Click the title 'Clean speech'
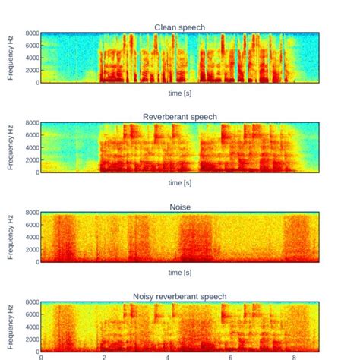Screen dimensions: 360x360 pyautogui.click(x=179, y=27)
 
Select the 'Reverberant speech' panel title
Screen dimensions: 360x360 pyautogui.click(x=179, y=116)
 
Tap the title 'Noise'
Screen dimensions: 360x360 pyautogui.click(x=179, y=206)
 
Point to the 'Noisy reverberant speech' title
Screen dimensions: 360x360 pyautogui.click(x=179, y=295)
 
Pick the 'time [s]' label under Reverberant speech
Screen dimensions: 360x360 pyautogui.click(x=179, y=183)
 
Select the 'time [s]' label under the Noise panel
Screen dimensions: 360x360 pyautogui.click(x=179, y=273)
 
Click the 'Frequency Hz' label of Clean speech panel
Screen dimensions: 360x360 pyautogui.click(x=11, y=58)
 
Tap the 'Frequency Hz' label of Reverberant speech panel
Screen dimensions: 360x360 pyautogui.click(x=11, y=147)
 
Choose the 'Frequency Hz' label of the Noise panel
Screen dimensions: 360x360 pyautogui.click(x=11, y=237)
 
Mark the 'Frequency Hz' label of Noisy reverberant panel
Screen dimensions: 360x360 pyautogui.click(x=11, y=327)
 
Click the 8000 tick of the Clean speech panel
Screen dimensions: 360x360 pyautogui.click(x=30, y=33)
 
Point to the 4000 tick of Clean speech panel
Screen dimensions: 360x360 pyautogui.click(x=30, y=58)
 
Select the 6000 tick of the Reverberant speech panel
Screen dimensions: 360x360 pyautogui.click(x=30, y=135)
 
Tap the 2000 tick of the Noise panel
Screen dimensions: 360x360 pyautogui.click(x=30, y=250)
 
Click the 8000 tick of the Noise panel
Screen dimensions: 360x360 pyautogui.click(x=30, y=213)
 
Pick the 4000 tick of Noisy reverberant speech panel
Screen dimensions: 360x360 pyautogui.click(x=30, y=327)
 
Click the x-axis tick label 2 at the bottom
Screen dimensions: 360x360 pyautogui.click(x=104, y=356)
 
